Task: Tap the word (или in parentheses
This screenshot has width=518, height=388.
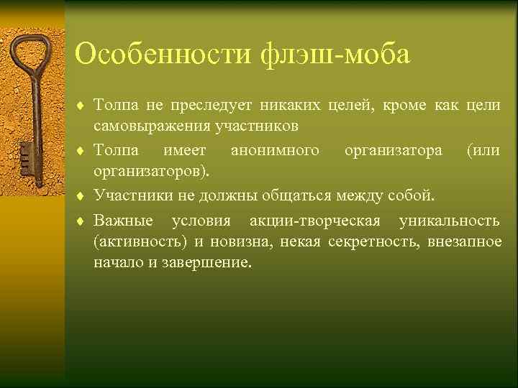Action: [483, 151]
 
